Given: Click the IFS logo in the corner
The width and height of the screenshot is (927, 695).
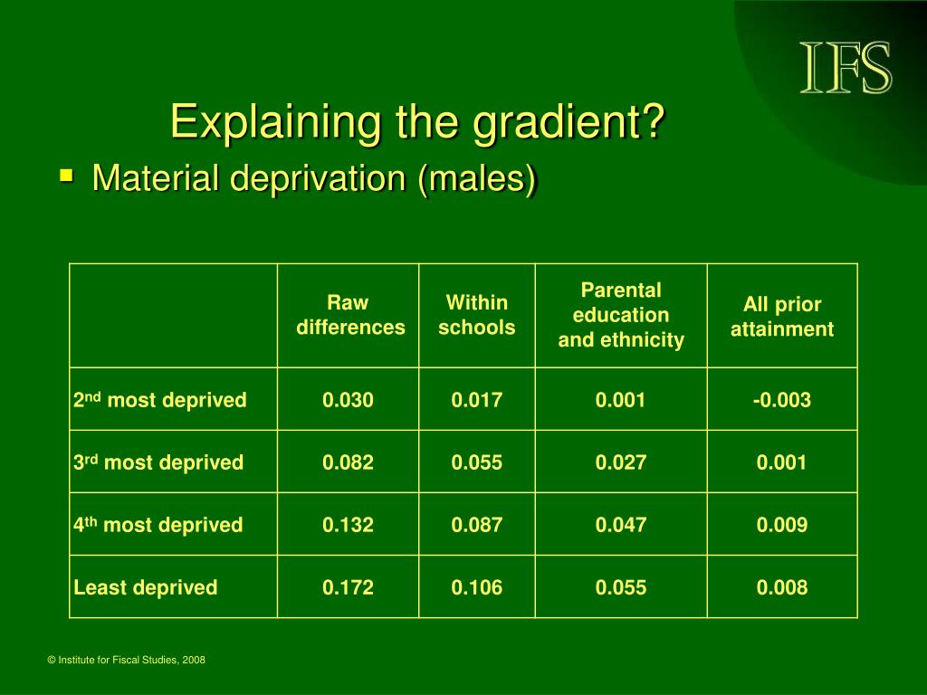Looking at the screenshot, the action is click(846, 67).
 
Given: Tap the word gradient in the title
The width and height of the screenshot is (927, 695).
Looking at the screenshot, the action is click(569, 123).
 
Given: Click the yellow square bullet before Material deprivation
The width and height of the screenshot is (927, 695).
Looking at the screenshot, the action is click(67, 176).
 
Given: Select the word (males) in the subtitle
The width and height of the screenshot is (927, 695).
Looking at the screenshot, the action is click(477, 179).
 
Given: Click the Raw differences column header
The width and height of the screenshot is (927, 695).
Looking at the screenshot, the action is click(350, 315).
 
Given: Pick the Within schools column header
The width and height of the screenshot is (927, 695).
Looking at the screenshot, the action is click(476, 315).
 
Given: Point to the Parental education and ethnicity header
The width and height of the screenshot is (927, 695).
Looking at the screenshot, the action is click(621, 315).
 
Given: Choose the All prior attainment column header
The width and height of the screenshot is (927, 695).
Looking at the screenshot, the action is click(782, 316).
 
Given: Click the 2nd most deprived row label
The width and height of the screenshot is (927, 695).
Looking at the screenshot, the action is click(159, 400).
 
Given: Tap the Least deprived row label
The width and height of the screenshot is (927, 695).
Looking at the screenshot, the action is click(146, 587).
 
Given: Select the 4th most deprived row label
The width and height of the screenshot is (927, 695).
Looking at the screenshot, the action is click(158, 525).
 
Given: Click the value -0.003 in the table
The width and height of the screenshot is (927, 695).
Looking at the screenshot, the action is click(781, 400).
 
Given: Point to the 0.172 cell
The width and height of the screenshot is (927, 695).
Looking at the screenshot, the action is click(348, 587).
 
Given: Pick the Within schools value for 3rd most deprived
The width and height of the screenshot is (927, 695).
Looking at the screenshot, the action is click(476, 462).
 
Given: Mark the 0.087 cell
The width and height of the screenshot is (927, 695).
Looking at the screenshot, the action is click(476, 525).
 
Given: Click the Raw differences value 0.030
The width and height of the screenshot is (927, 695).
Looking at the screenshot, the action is click(348, 400).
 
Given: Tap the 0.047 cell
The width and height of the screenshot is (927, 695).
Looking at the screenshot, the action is click(621, 525).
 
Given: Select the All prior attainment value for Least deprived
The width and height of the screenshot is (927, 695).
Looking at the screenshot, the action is click(781, 587).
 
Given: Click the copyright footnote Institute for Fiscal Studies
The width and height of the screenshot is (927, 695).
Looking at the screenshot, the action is click(126, 660).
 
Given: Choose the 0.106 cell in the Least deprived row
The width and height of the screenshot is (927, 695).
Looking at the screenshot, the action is click(476, 587).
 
